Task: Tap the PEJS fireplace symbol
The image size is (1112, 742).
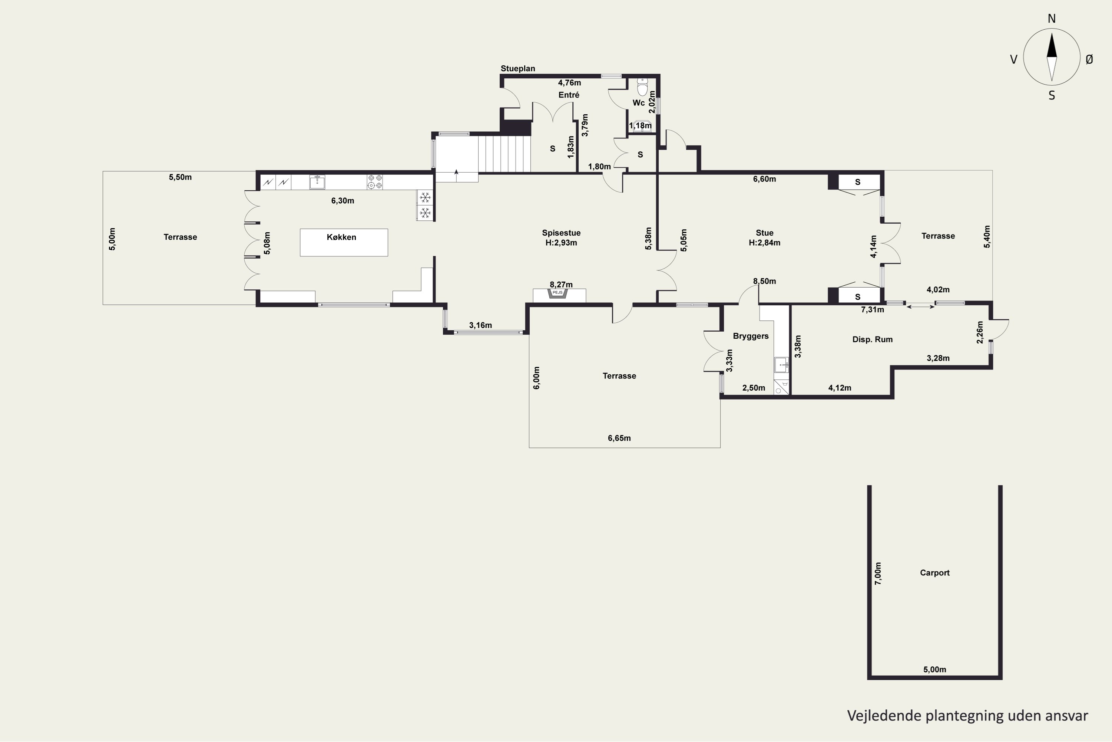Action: pyautogui.click(x=558, y=293)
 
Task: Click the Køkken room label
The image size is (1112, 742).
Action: pyautogui.click(x=341, y=237)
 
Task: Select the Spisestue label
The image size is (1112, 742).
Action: pyautogui.click(x=561, y=233)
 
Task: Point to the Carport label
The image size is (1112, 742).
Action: pyautogui.click(x=935, y=572)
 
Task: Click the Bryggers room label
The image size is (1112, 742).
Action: pyautogui.click(x=751, y=336)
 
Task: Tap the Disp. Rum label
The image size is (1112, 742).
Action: pyautogui.click(x=872, y=339)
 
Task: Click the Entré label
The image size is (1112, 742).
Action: pyautogui.click(x=569, y=95)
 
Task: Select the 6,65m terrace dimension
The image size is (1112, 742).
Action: pyautogui.click(x=619, y=438)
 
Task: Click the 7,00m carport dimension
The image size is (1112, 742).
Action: pyautogui.click(x=878, y=574)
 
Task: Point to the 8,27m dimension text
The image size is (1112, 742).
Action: pyautogui.click(x=561, y=285)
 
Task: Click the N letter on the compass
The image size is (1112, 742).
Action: pyautogui.click(x=1052, y=19)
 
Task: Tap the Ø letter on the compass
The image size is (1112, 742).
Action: pyautogui.click(x=1089, y=59)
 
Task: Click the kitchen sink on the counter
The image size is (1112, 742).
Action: pyautogui.click(x=317, y=182)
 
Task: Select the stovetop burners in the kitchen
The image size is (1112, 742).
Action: pyautogui.click(x=375, y=182)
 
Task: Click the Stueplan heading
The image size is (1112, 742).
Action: pyautogui.click(x=518, y=69)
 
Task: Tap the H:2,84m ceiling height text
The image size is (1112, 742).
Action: pyautogui.click(x=764, y=243)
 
